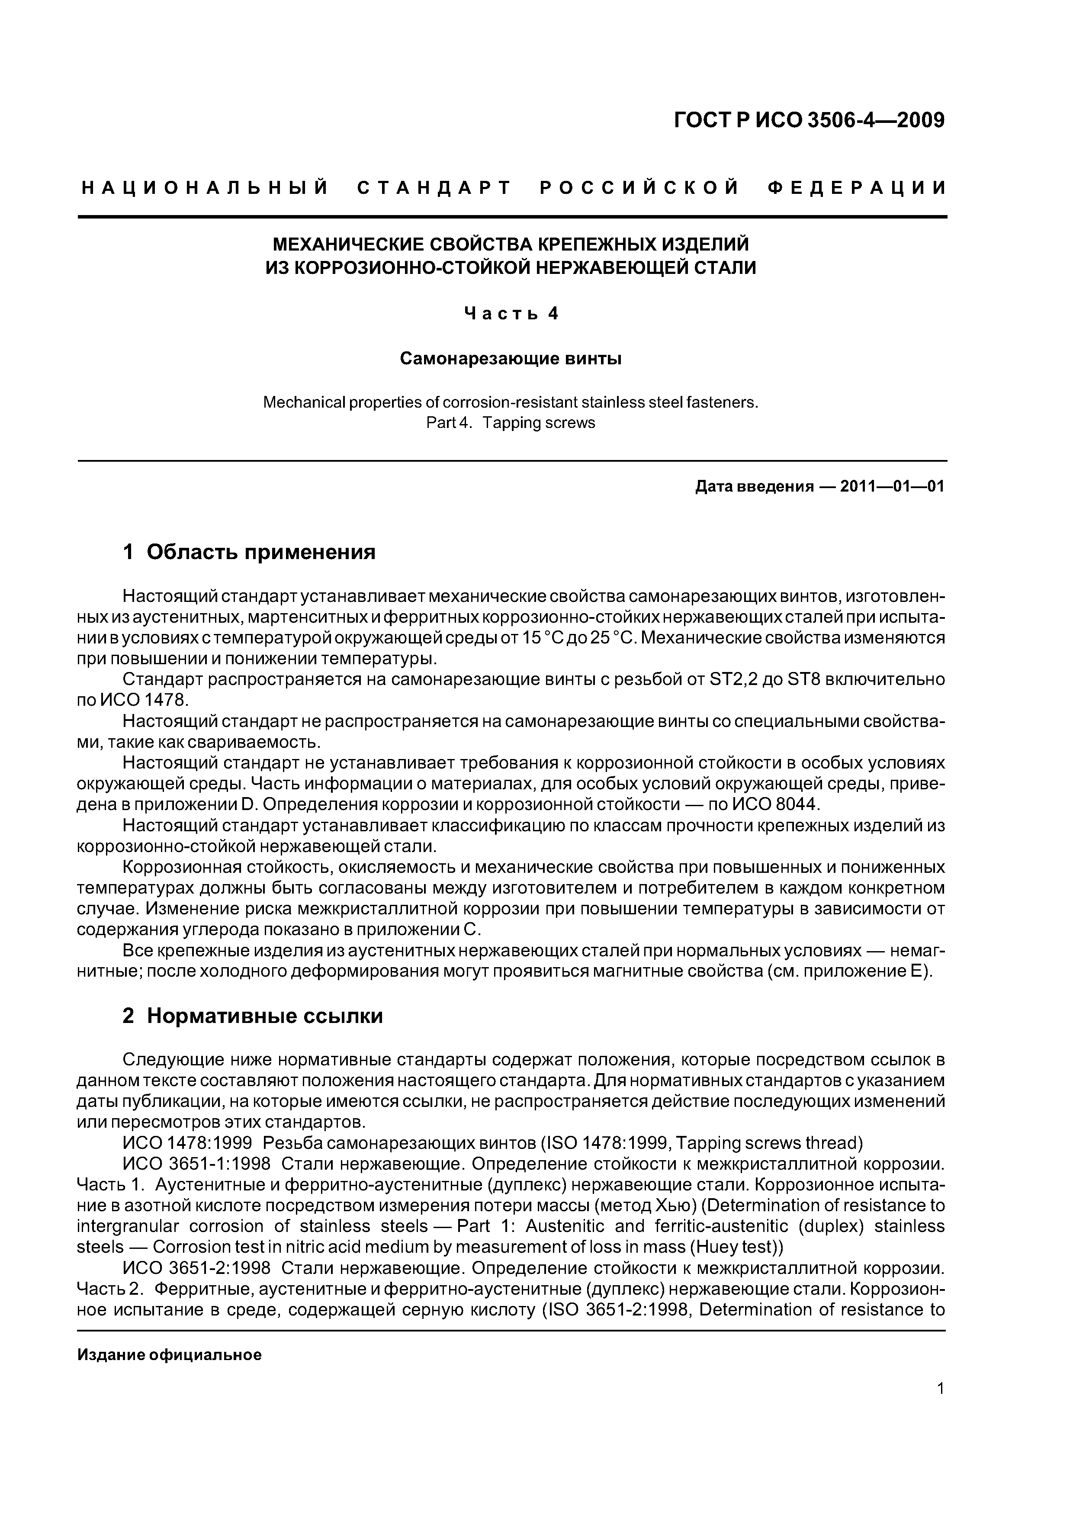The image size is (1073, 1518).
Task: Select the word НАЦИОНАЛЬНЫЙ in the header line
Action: click(x=205, y=188)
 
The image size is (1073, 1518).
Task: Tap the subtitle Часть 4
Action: click(x=511, y=313)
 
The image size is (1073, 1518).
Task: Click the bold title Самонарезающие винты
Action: click(x=511, y=359)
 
